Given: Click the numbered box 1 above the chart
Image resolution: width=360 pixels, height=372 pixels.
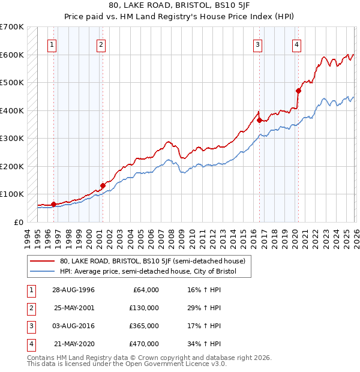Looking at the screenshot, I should (52, 44).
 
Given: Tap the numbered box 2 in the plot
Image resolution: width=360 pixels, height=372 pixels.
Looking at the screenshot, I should (101, 44).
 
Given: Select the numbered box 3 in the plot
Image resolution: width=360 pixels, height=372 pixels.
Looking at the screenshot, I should (258, 44).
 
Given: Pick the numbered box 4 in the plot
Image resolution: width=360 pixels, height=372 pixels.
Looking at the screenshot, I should (296, 44).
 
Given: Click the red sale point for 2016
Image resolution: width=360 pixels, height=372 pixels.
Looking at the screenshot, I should (259, 120).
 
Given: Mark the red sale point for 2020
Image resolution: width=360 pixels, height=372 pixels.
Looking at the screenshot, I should (298, 91).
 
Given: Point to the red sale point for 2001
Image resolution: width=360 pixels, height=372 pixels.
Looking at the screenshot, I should (103, 185).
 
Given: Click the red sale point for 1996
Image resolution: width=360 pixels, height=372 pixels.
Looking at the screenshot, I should (53, 204).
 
